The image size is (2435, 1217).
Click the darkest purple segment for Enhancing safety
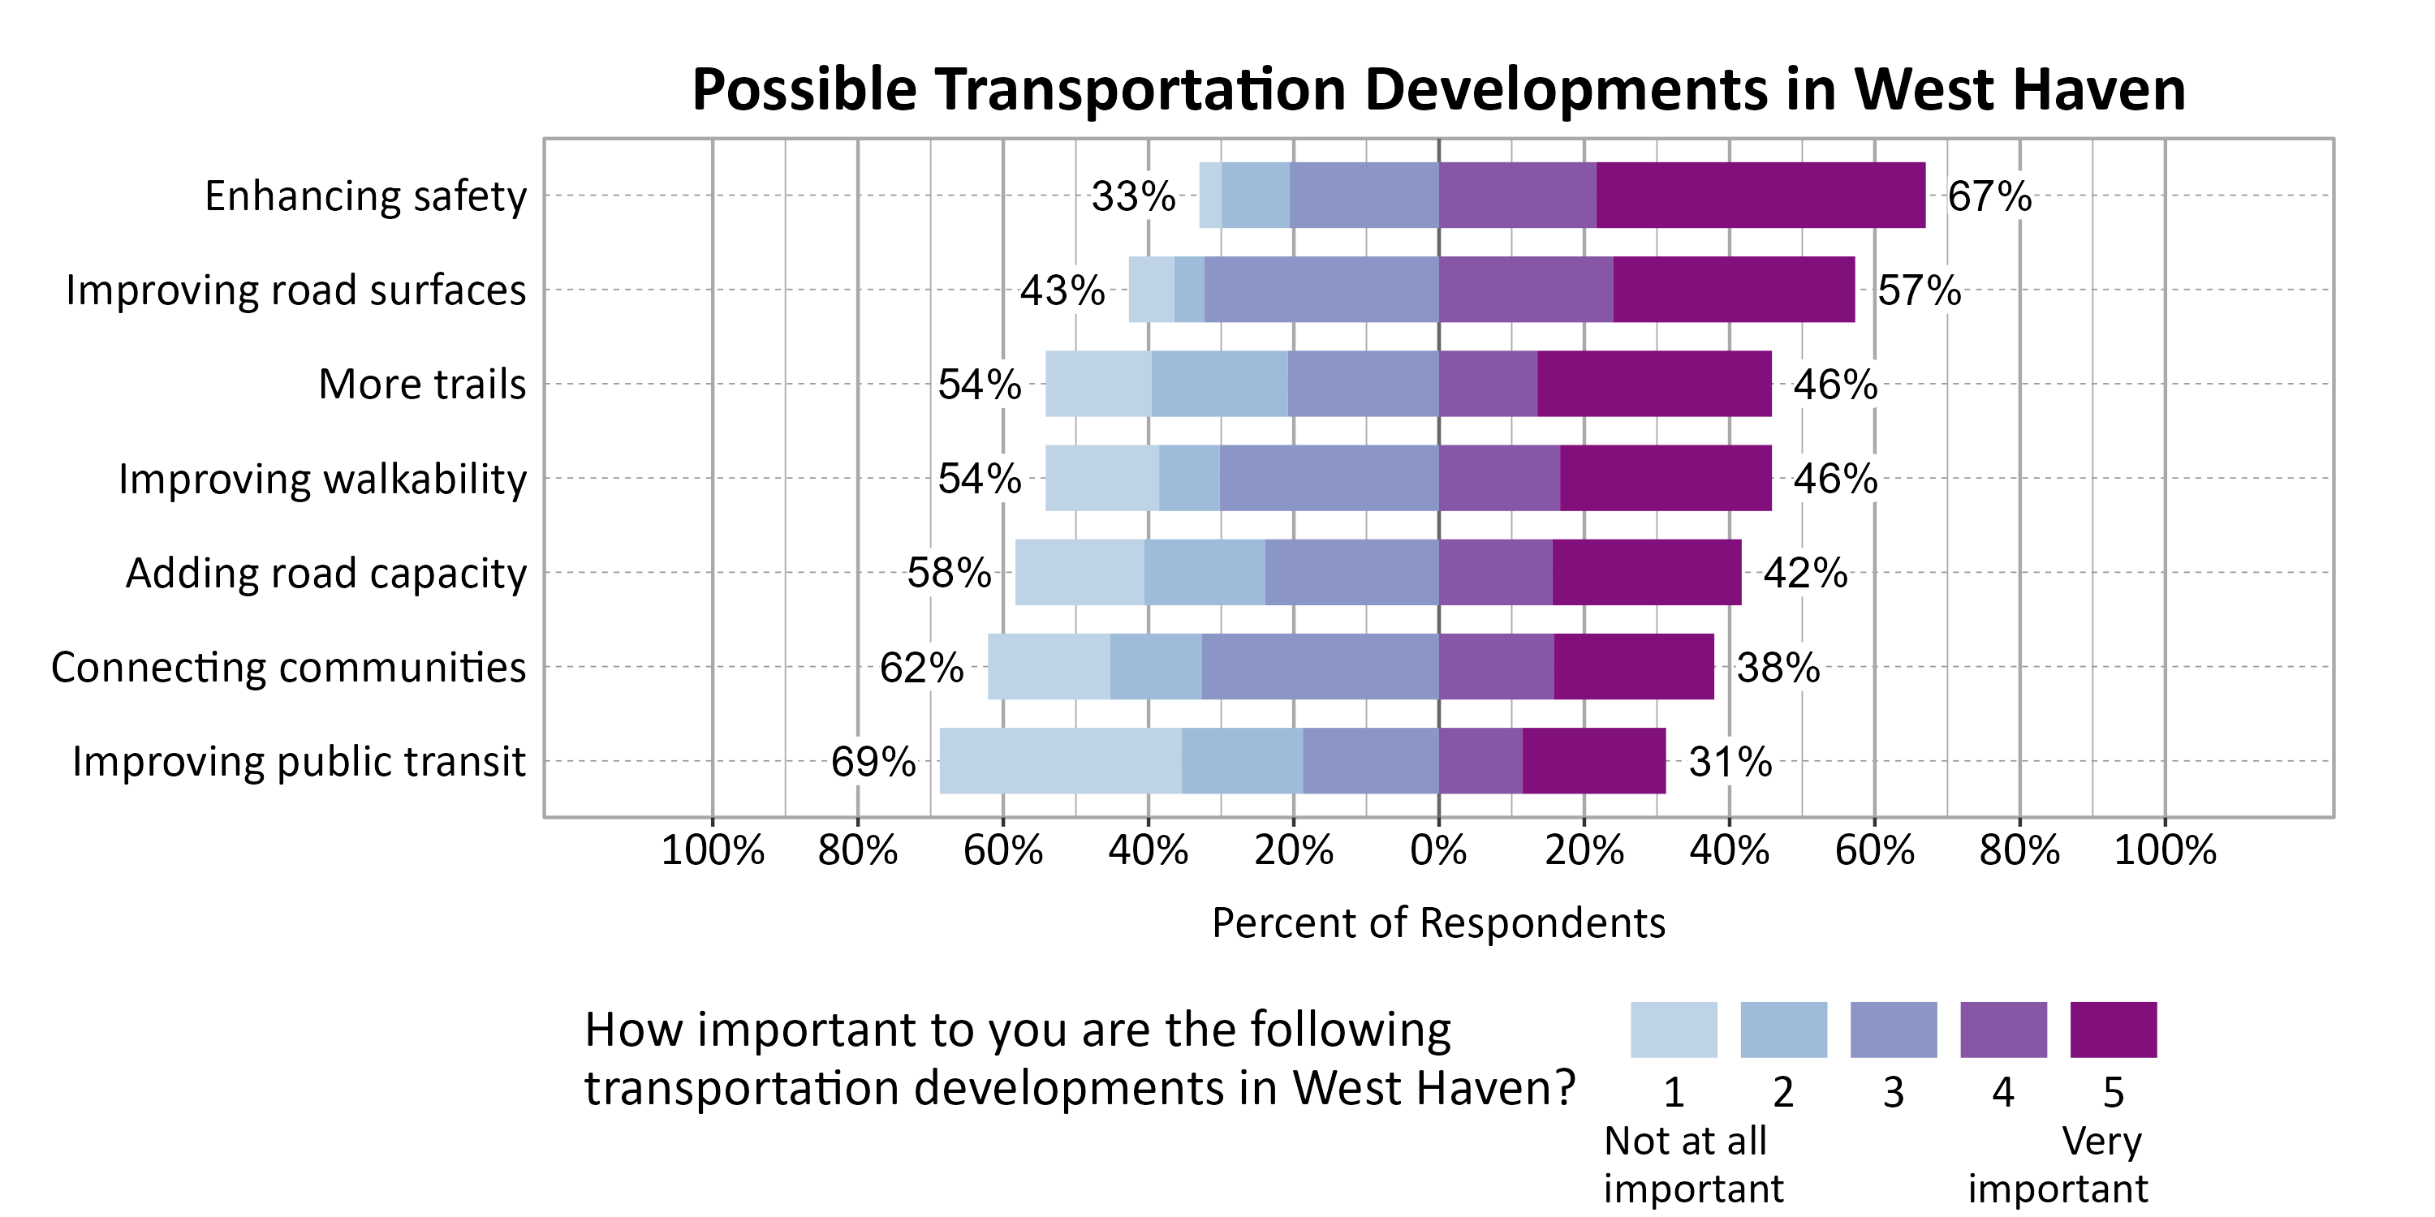[x=1760, y=196]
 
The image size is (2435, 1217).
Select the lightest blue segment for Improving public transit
[x=1061, y=761]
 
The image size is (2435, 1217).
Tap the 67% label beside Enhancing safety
[x=1989, y=196]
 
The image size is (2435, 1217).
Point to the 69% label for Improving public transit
[x=873, y=762]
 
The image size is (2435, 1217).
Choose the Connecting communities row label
[x=288, y=667]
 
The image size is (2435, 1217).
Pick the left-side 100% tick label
[x=712, y=850]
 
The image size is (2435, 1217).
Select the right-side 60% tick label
[x=1874, y=850]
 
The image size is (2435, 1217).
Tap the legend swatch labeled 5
[x=2113, y=1030]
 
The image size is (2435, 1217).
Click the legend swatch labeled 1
[x=1673, y=1030]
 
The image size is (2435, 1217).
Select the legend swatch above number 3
[x=1894, y=1030]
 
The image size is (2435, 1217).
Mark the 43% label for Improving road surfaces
[x=1062, y=290]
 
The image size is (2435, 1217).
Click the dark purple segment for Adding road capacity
[x=1646, y=573]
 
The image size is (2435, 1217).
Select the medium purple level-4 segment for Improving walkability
[x=1499, y=478]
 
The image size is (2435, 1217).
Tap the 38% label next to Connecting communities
[x=1778, y=668]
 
